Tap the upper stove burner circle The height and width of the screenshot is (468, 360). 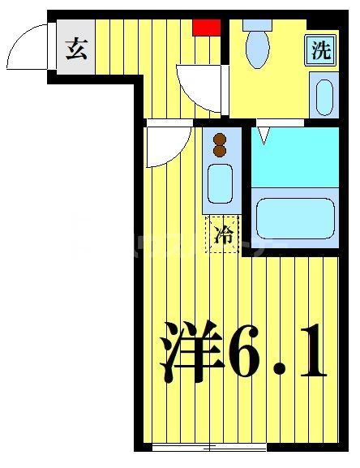(x=220, y=139)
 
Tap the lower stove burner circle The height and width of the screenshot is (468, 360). (x=220, y=151)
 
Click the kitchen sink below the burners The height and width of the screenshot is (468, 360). (x=220, y=183)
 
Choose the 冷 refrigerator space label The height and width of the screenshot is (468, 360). (x=223, y=235)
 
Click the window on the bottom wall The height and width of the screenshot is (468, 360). (x=209, y=447)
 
